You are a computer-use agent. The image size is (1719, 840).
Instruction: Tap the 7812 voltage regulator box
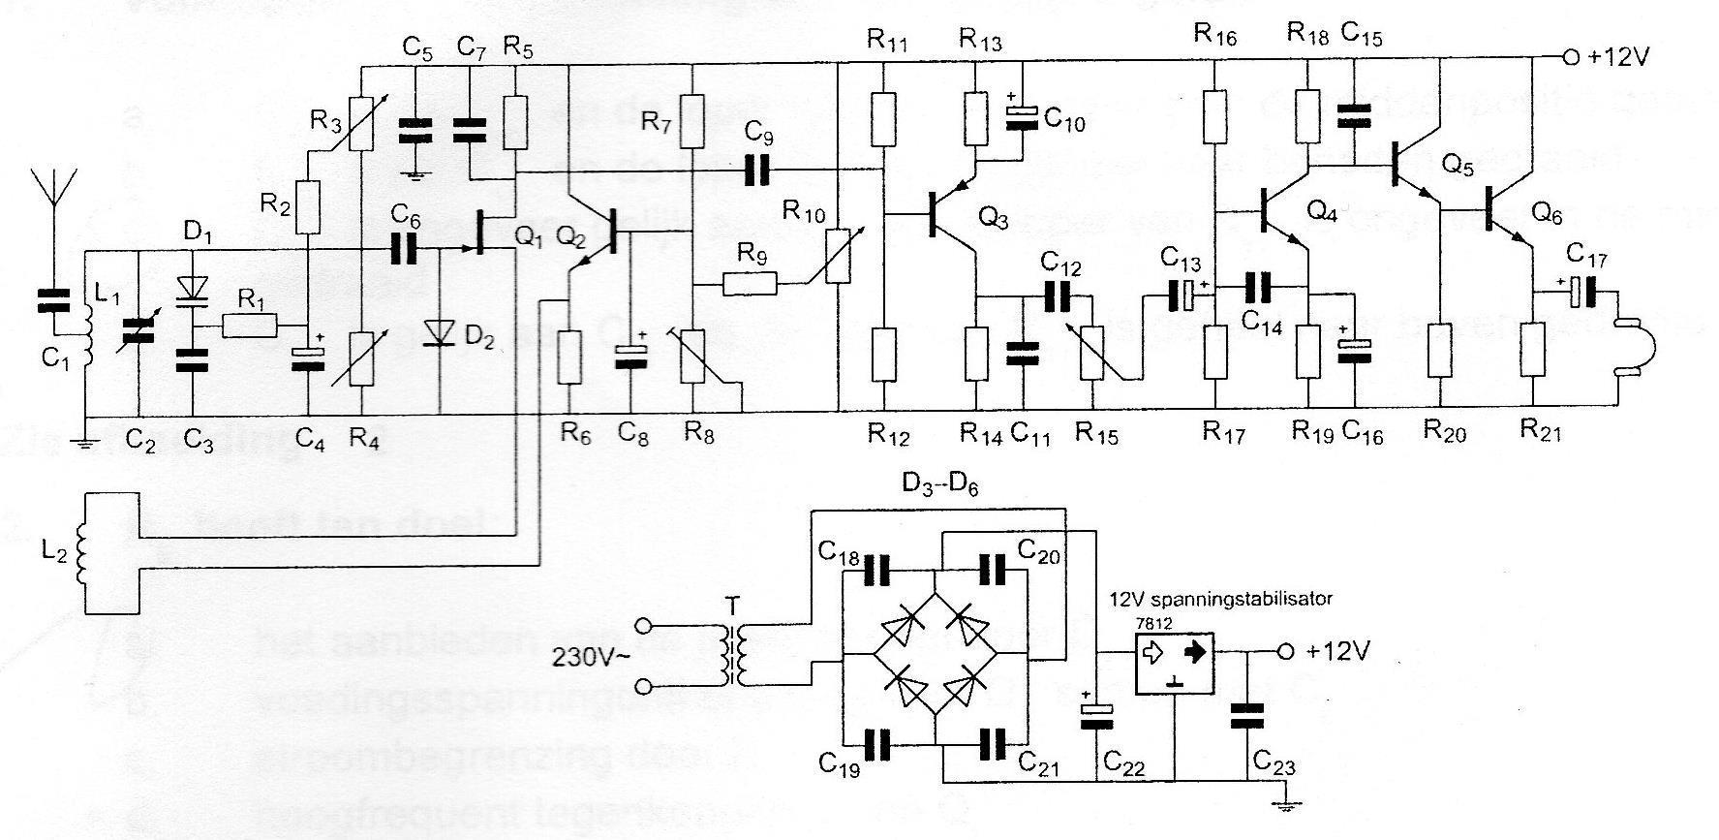[1174, 664]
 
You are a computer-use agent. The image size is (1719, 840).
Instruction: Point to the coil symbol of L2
[84, 554]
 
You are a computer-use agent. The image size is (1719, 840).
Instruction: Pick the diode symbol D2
[439, 332]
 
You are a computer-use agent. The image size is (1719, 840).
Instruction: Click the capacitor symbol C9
[756, 171]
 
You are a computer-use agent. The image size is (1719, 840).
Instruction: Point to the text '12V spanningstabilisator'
[1220, 599]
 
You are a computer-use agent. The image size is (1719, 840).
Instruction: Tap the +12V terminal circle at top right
[1570, 57]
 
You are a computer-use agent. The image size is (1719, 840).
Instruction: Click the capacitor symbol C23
[1246, 715]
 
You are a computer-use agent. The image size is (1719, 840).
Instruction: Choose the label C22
[1123, 767]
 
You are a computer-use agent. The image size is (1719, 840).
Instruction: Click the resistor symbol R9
[750, 284]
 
